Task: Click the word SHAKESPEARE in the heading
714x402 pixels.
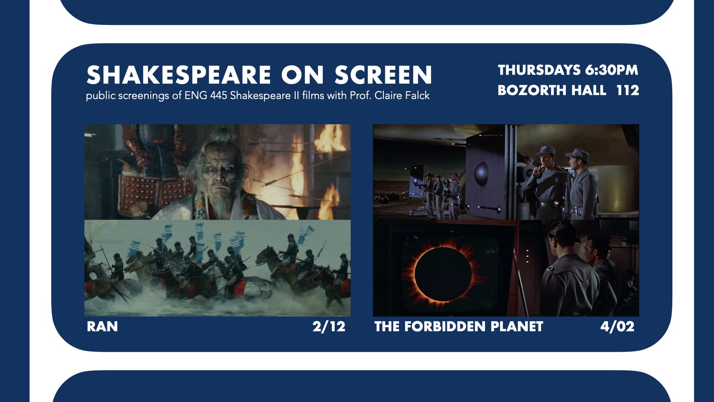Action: [179, 75]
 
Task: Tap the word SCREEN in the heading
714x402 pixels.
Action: [383, 75]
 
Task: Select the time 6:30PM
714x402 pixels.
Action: [611, 70]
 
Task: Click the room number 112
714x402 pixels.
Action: [628, 90]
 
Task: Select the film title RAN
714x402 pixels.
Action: [102, 326]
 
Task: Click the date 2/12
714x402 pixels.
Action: [329, 326]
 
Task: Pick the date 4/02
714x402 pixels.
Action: [617, 326]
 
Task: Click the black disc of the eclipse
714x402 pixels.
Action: [443, 274]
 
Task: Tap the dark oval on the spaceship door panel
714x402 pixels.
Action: [482, 173]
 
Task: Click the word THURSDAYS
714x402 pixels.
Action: [539, 70]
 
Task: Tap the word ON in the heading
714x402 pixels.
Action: [302, 75]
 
